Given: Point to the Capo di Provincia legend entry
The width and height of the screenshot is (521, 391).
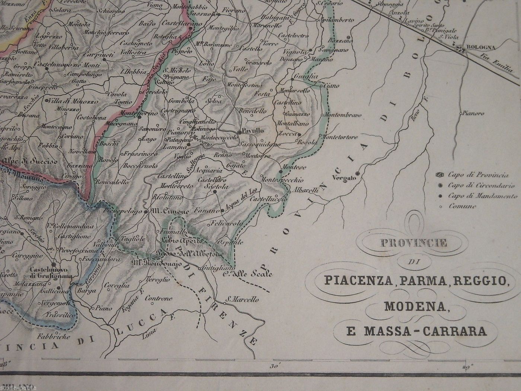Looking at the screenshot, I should [478, 175].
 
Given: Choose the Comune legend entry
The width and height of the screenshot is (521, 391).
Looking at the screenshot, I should [462, 206].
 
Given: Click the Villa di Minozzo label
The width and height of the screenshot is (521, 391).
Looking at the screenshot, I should [71, 101].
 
